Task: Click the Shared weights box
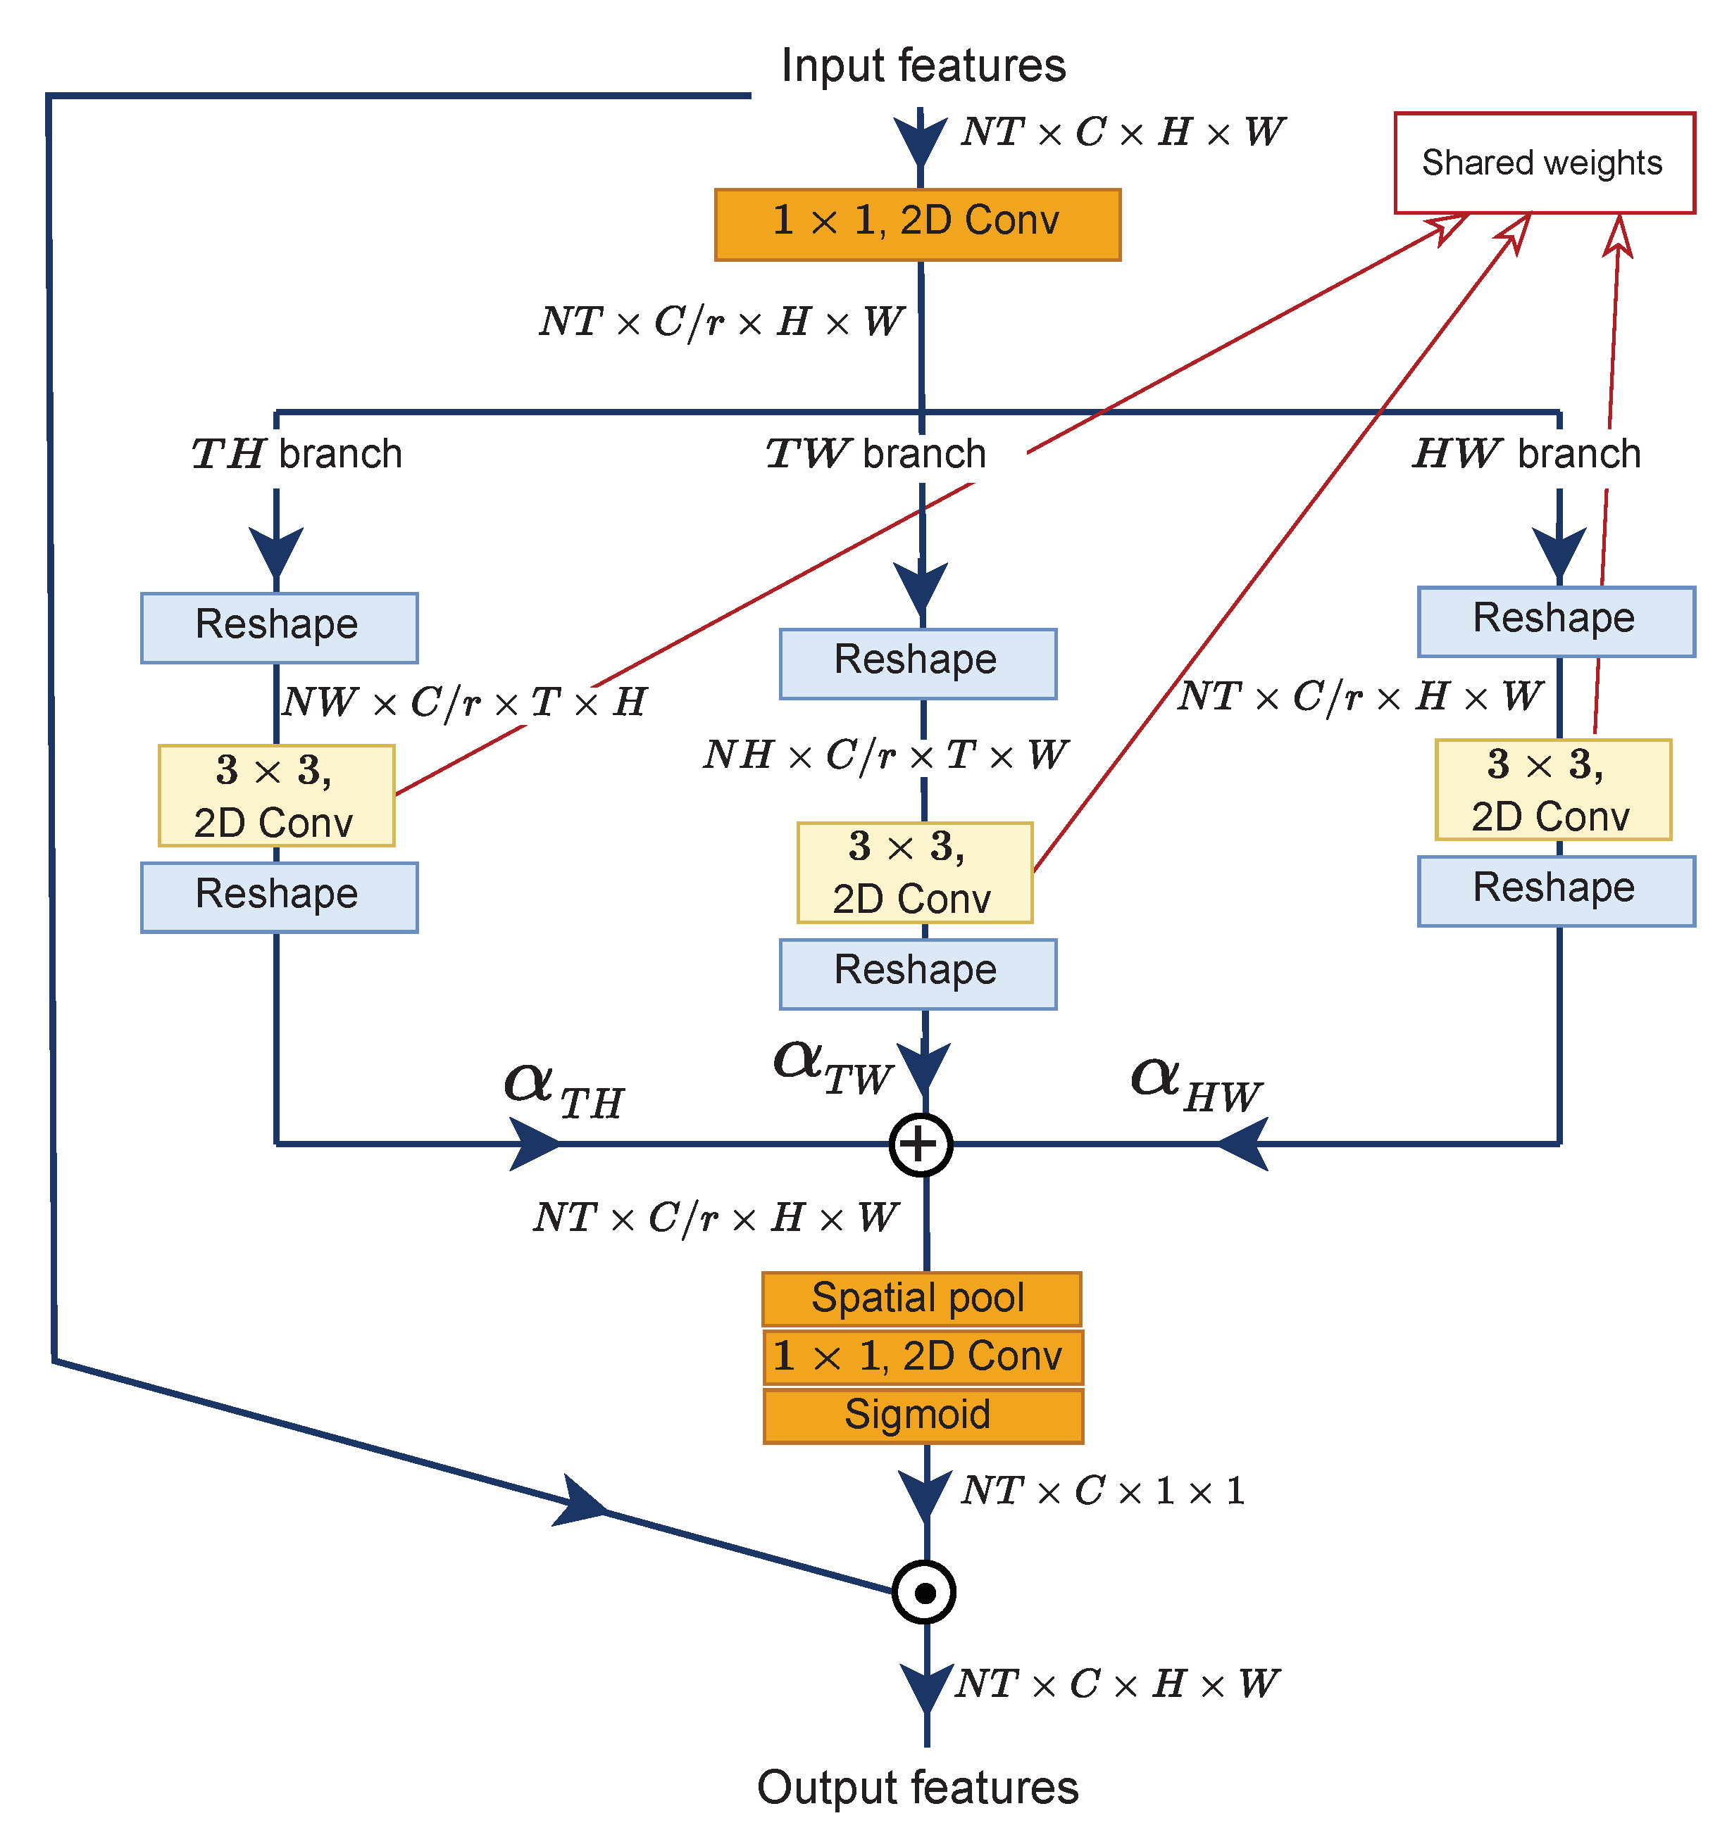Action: (x=1543, y=163)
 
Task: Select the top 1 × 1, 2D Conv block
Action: (x=917, y=225)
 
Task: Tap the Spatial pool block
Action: (x=921, y=1299)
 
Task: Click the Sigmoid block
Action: (x=923, y=1415)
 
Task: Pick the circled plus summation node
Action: (x=920, y=1145)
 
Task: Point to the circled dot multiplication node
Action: (x=923, y=1592)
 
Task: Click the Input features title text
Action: (x=923, y=67)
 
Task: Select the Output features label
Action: (x=917, y=1787)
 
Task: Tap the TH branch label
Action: (x=297, y=454)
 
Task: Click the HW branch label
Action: (x=1526, y=454)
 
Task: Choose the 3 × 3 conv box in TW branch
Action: (x=914, y=872)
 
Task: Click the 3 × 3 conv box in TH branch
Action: (x=276, y=795)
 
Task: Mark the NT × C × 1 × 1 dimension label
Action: (x=1102, y=1491)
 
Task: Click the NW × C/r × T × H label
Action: (x=464, y=702)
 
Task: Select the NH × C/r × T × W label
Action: (x=885, y=755)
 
